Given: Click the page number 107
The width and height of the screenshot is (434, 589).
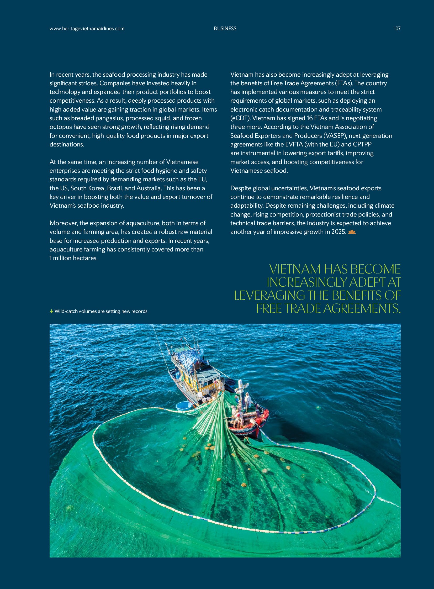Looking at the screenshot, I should click(397, 29).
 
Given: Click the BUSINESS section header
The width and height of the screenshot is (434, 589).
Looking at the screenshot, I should click(225, 29).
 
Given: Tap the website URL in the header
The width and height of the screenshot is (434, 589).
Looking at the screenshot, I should click(87, 29).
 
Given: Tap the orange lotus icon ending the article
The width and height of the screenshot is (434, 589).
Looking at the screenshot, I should click(352, 232).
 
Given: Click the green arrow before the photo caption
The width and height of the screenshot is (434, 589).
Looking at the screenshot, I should click(51, 312).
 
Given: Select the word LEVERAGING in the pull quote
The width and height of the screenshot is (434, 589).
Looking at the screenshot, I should click(269, 296).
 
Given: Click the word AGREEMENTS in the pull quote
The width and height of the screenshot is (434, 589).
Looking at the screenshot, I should click(362, 309).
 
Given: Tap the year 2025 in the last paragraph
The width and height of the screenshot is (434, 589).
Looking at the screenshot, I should click(339, 232).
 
